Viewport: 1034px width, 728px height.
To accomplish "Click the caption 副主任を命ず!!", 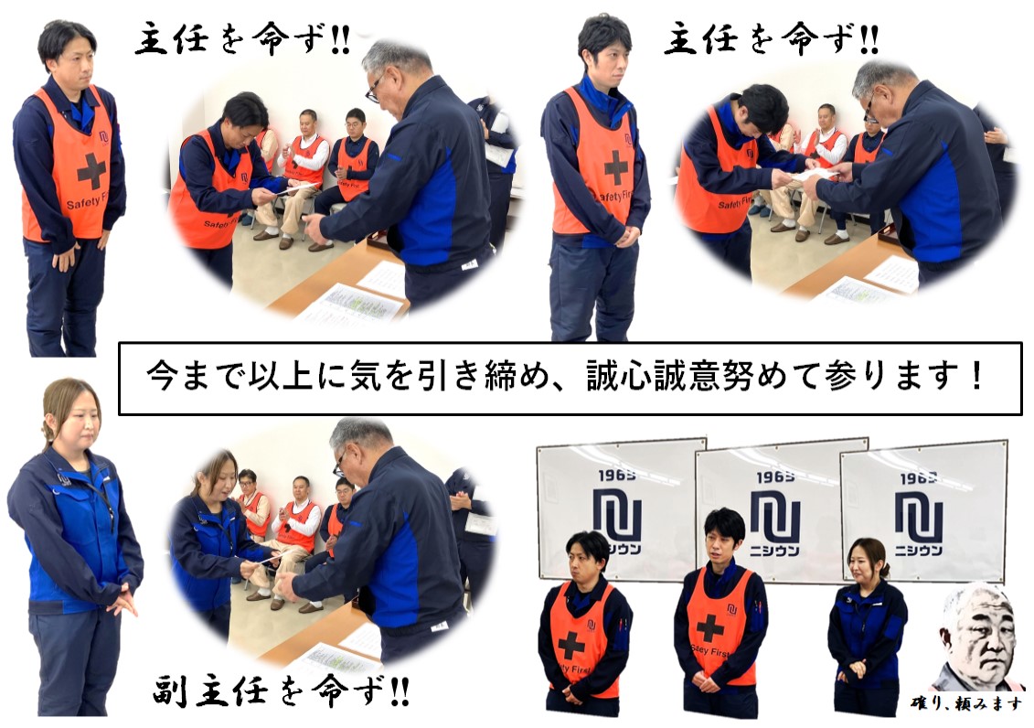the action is click(282, 691).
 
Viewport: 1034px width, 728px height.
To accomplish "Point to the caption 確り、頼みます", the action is click(965, 703).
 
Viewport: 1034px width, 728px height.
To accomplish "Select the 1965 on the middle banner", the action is click(775, 476).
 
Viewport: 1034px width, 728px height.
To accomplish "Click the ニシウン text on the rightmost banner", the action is click(919, 550).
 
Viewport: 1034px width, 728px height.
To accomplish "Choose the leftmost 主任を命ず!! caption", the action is click(242, 41).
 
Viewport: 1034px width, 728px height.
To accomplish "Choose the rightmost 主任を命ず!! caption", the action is click(771, 39).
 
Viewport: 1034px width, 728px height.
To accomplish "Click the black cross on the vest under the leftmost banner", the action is click(571, 645).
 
